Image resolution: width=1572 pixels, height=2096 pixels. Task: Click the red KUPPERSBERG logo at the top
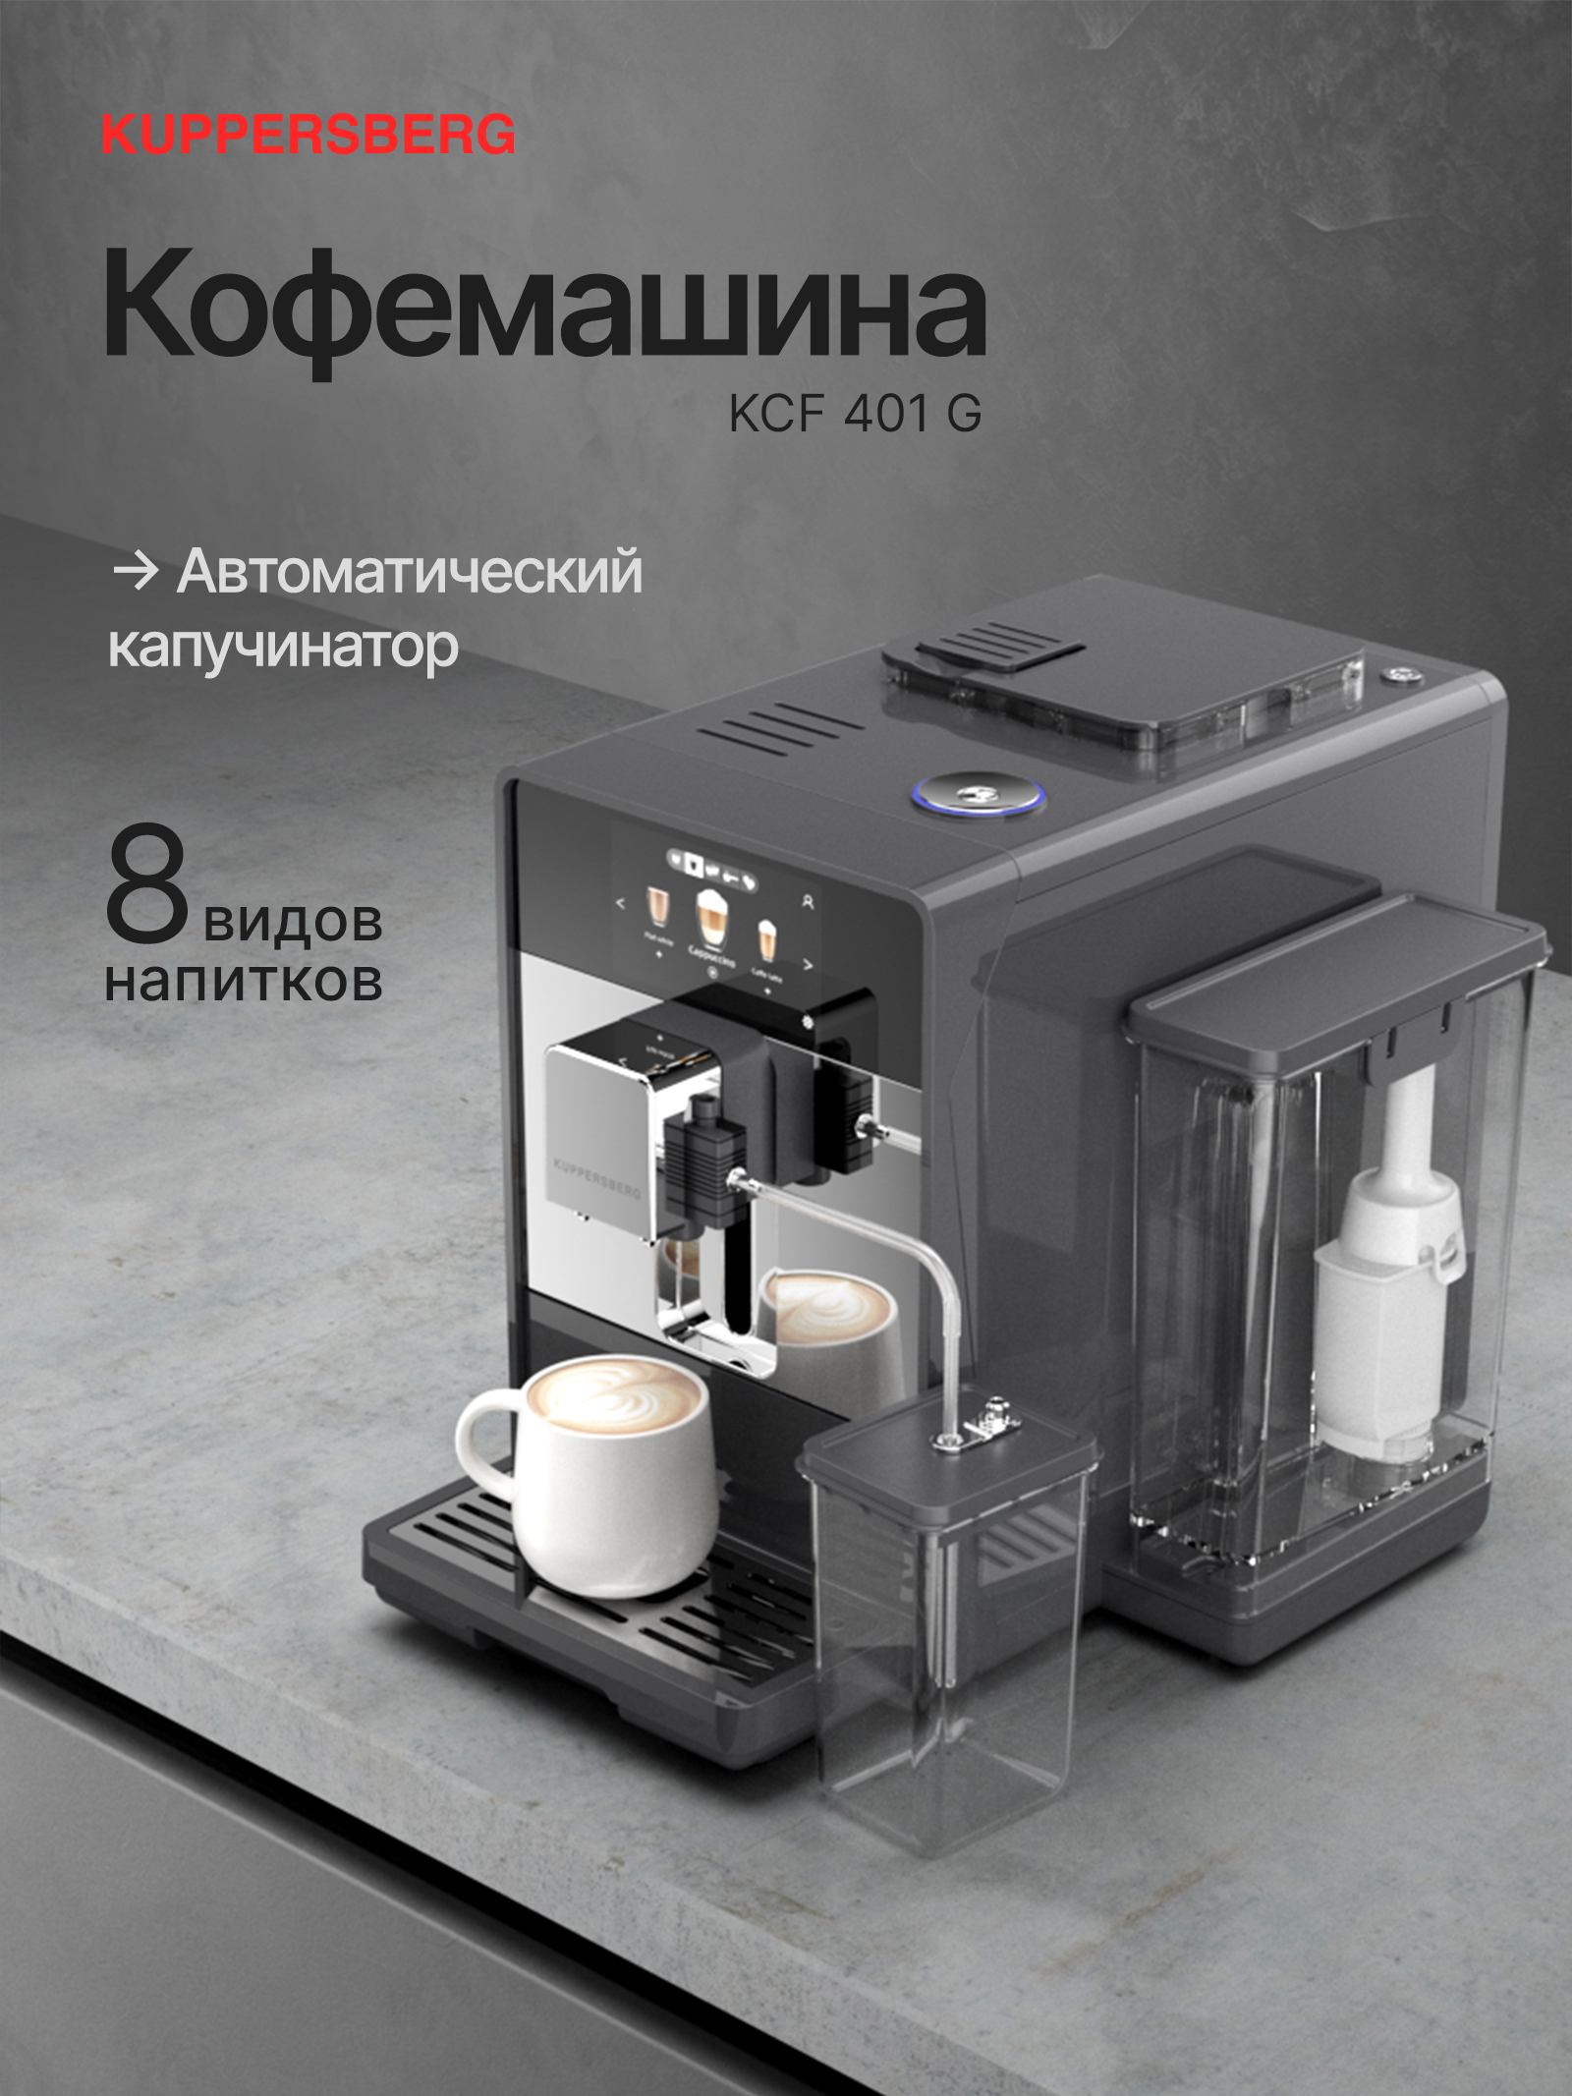click(x=309, y=135)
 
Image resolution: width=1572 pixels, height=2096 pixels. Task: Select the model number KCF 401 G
click(x=855, y=414)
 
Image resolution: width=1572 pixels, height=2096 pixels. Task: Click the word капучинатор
click(x=283, y=648)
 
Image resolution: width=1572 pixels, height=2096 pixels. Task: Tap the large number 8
click(x=147, y=885)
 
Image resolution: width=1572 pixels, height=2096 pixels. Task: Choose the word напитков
click(x=244, y=981)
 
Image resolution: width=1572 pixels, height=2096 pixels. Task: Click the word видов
click(x=293, y=921)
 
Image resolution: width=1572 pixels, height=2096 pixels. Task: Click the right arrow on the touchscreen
click(x=808, y=964)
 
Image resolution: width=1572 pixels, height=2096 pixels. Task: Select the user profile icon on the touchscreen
click(x=808, y=900)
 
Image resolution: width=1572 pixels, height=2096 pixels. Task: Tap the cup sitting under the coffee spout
click(x=830, y=1327)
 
